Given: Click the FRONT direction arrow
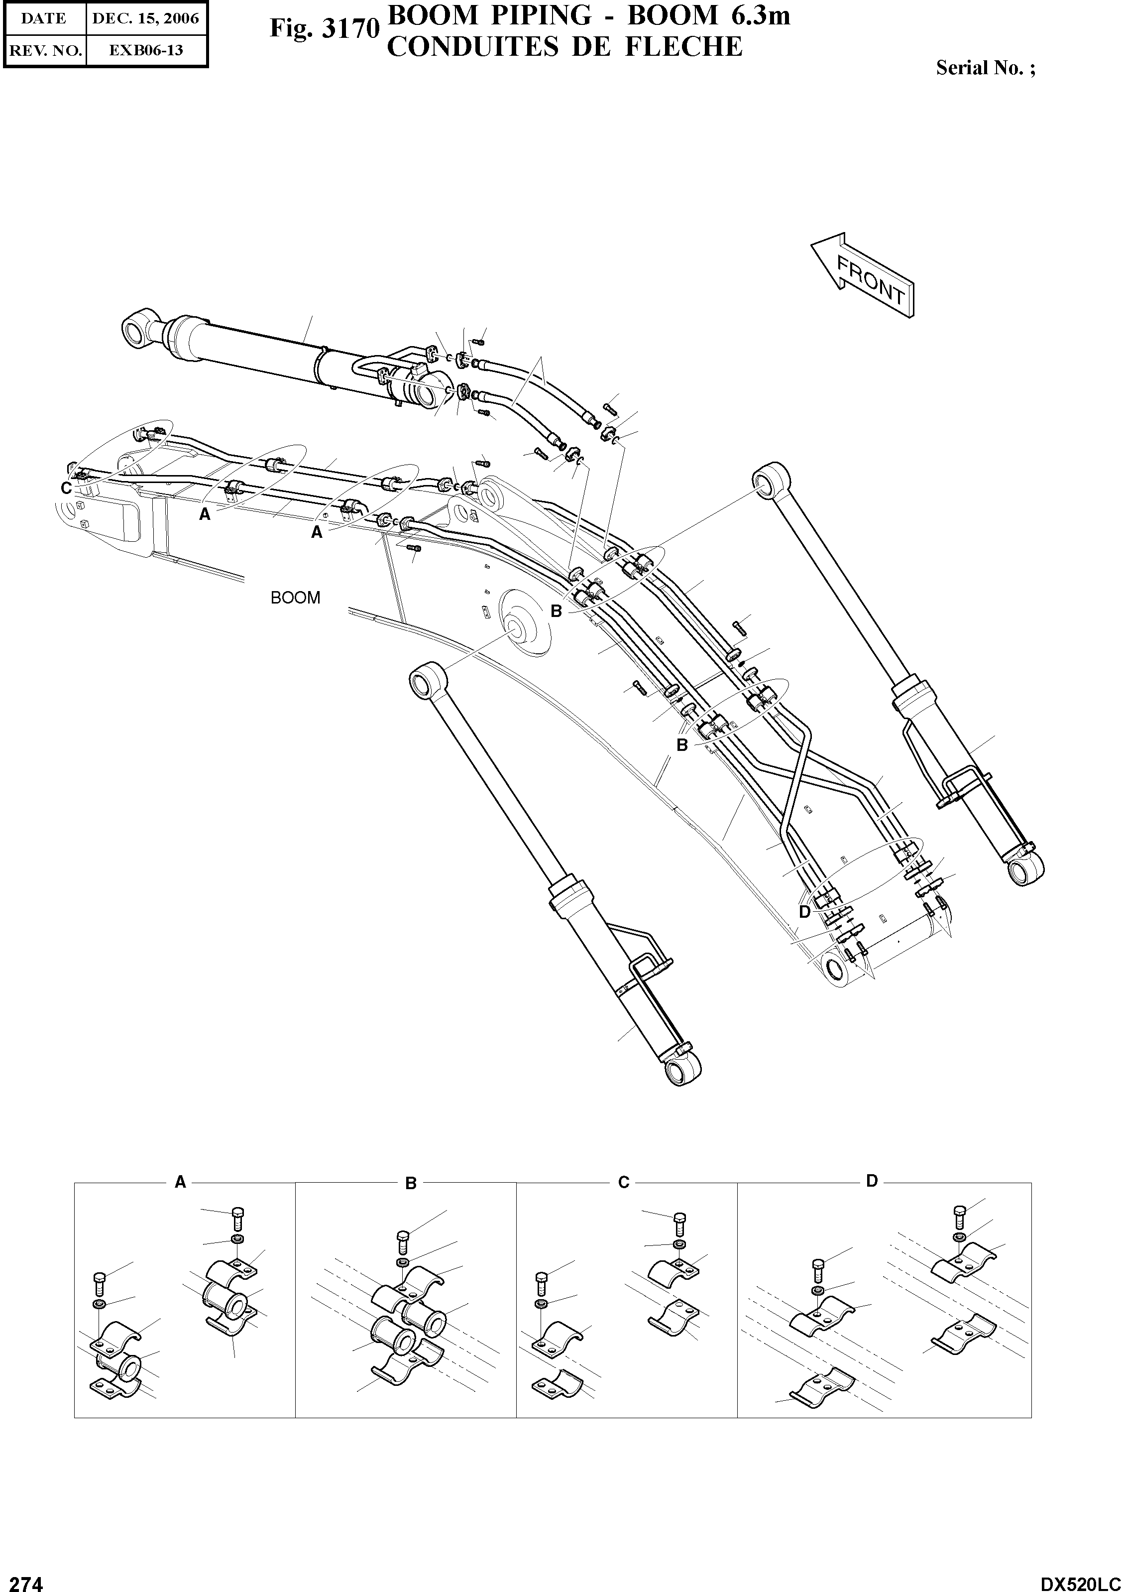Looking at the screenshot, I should click(x=863, y=275).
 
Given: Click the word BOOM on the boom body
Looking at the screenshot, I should click(x=295, y=598).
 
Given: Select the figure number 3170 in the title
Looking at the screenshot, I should click(x=325, y=29).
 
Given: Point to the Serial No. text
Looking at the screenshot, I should click(x=985, y=68).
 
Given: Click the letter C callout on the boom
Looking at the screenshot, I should click(x=66, y=488).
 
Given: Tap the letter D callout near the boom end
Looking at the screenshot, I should click(x=804, y=912).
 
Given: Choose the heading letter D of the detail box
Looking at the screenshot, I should click(x=872, y=1180).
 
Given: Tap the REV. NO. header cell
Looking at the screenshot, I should click(x=45, y=50).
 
